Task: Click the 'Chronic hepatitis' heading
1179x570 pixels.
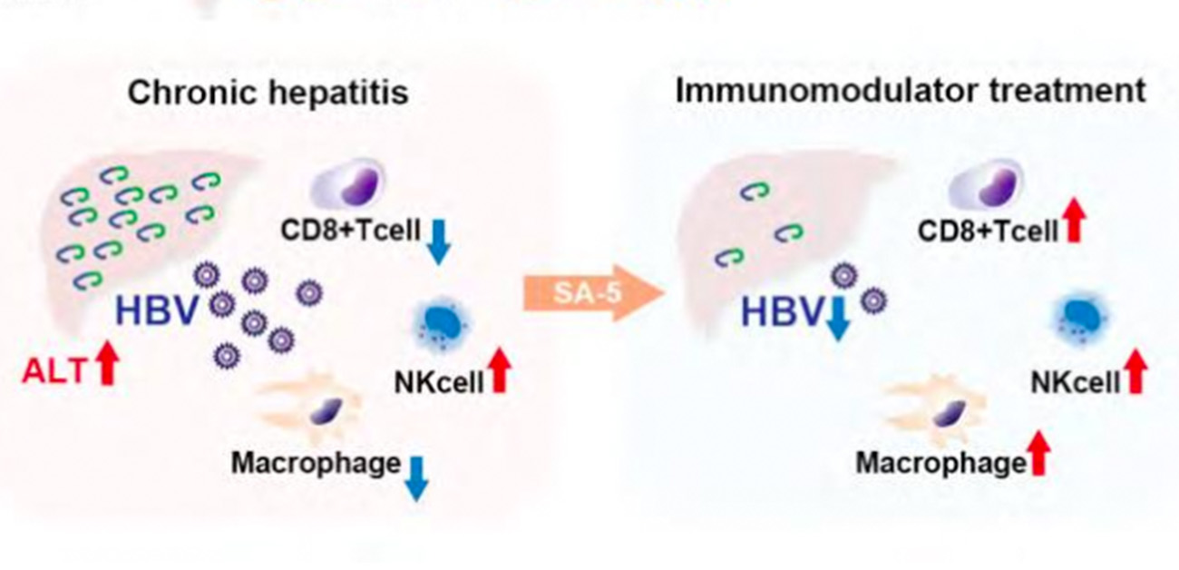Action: pyautogui.click(x=268, y=93)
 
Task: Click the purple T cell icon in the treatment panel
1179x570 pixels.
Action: pyautogui.click(x=985, y=182)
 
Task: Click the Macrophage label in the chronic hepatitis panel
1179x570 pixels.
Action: pyautogui.click(x=315, y=463)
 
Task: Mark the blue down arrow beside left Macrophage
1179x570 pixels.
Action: pyautogui.click(x=416, y=477)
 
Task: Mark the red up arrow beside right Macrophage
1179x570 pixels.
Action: pyautogui.click(x=1040, y=453)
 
